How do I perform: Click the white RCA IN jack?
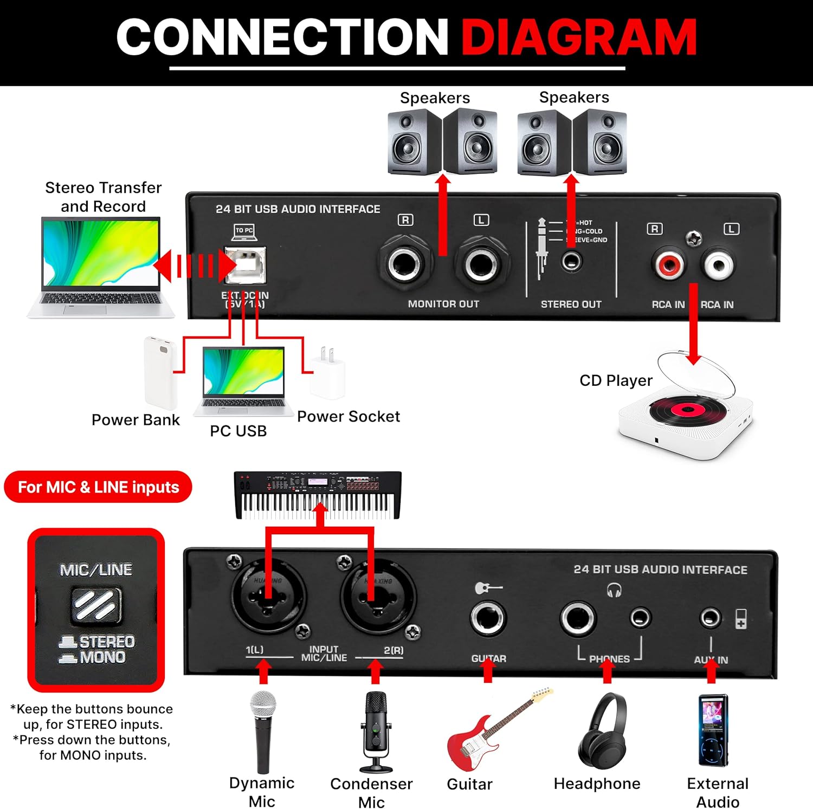(719, 265)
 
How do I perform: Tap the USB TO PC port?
(246, 265)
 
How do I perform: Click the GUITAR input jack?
(488, 618)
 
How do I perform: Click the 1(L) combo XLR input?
(267, 596)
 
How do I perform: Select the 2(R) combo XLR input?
(377, 596)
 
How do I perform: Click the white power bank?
(160, 373)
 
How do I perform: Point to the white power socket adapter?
(328, 374)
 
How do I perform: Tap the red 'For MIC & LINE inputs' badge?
(98, 487)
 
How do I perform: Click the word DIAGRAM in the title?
(578, 37)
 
